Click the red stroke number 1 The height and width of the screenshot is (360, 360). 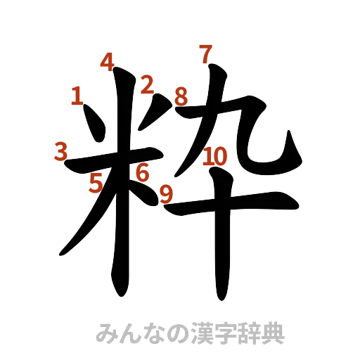pos(77,96)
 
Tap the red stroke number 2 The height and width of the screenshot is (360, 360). pos(146,85)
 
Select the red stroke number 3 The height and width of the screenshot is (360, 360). pos(60,151)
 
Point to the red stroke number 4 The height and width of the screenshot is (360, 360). pos(107,62)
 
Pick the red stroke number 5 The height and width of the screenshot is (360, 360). pos(96,184)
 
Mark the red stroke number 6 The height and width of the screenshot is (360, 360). pos(142,172)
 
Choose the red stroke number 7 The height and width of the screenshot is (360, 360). pos(205,53)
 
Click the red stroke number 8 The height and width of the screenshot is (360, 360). pos(181,96)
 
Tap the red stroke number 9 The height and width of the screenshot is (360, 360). pos(166,193)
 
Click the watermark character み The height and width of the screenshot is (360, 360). pos(107,333)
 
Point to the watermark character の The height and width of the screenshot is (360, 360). pos(169,333)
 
